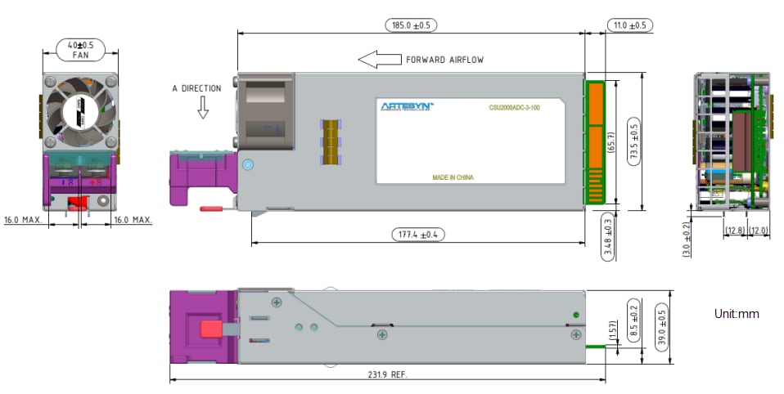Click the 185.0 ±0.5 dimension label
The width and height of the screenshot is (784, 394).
pyautogui.click(x=411, y=25)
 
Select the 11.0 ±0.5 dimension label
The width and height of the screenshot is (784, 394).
pyautogui.click(x=629, y=25)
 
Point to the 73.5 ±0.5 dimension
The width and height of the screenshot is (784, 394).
pyautogui.click(x=633, y=141)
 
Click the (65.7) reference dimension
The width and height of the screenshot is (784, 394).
pyautogui.click(x=611, y=141)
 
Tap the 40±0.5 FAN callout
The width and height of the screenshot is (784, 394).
pyautogui.click(x=79, y=49)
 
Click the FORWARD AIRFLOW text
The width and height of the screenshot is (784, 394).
pyautogui.click(x=446, y=60)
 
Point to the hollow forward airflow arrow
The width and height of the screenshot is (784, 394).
pyautogui.click(x=378, y=59)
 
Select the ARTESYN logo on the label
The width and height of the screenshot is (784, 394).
pyautogui.click(x=407, y=105)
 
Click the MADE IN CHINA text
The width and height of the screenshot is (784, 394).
pyautogui.click(x=453, y=177)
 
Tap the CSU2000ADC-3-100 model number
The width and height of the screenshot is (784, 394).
pyautogui.click(x=514, y=106)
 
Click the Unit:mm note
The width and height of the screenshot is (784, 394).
pyautogui.click(x=737, y=313)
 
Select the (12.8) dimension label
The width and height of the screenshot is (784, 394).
pyautogui.click(x=734, y=231)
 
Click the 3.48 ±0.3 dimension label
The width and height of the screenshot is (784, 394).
pyautogui.click(x=606, y=237)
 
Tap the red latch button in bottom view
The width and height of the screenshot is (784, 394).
pyautogui.click(x=210, y=330)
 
